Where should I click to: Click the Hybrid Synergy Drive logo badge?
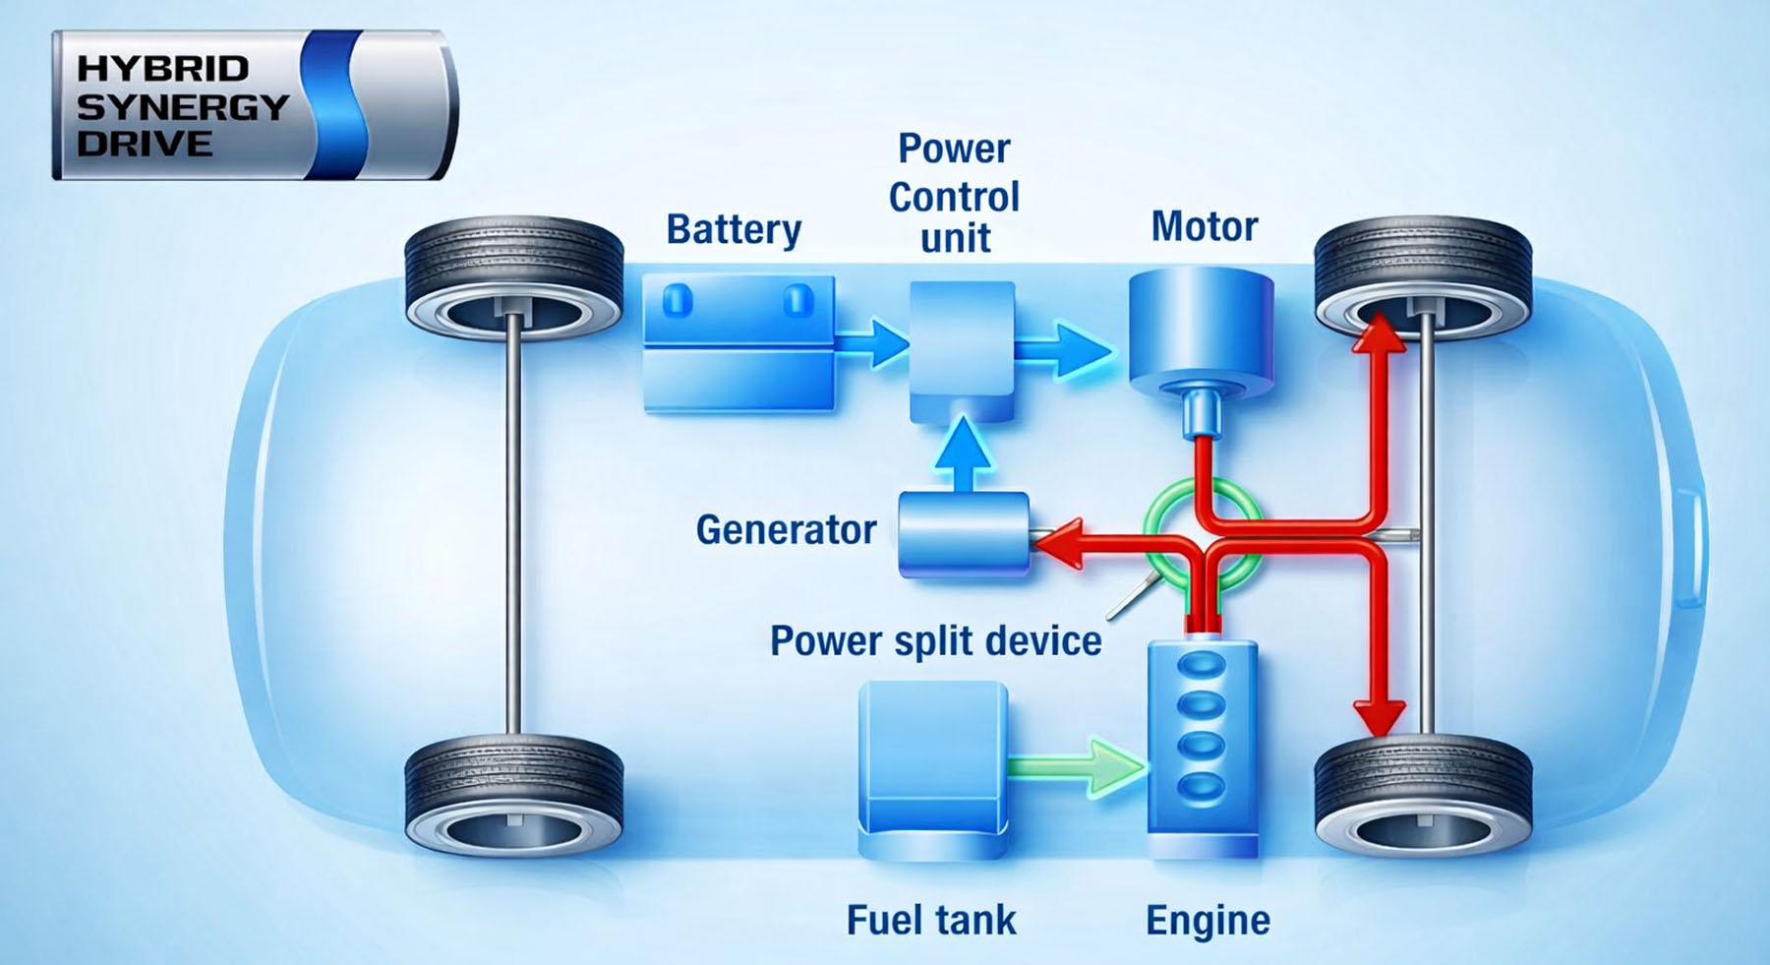pos(254,105)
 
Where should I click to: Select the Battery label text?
pos(734,229)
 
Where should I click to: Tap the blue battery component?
pos(738,341)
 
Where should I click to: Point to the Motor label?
pos(1204,226)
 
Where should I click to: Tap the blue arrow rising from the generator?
pos(963,452)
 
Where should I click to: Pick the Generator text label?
pos(786,530)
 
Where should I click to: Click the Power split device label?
pos(935,640)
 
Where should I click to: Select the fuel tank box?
pos(932,767)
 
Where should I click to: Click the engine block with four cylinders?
pos(1203,748)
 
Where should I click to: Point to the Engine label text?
pos(1208,921)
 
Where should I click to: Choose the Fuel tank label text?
pos(931,921)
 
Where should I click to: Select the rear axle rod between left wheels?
pos(512,531)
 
